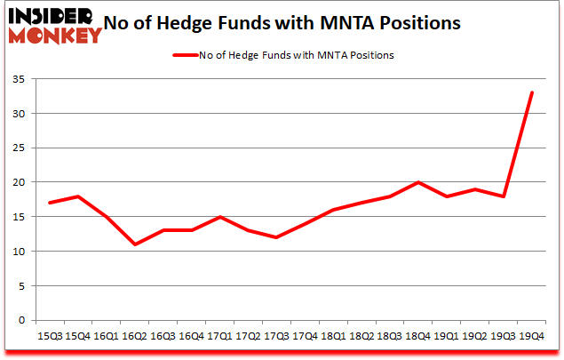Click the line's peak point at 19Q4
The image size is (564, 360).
click(531, 92)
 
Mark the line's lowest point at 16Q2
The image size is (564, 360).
click(134, 244)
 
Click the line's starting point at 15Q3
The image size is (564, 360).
click(50, 203)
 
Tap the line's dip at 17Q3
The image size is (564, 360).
click(278, 237)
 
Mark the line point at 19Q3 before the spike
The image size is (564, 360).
click(504, 196)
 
